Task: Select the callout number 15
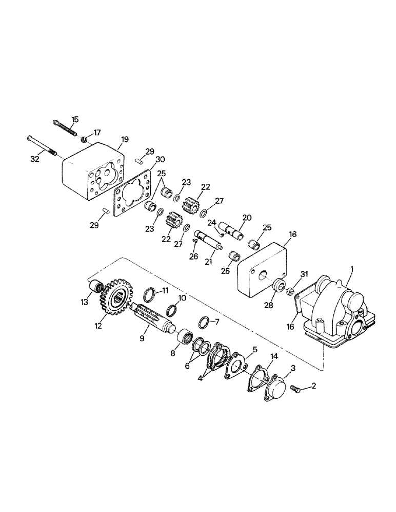point(75,119)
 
